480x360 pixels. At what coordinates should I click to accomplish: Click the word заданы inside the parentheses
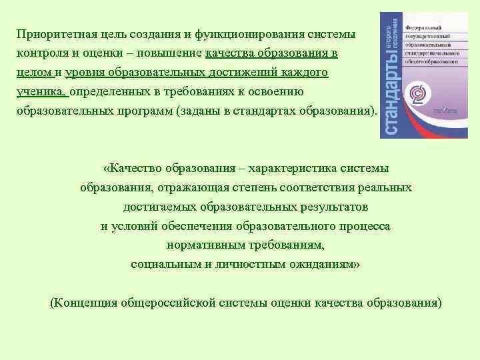tap(198, 110)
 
